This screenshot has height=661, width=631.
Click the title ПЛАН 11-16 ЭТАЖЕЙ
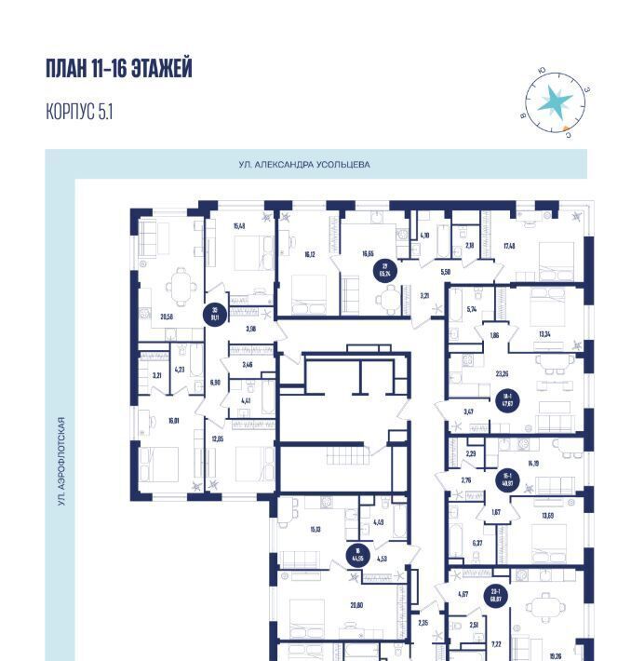[x=118, y=69]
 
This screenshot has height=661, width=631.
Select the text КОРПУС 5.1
[x=79, y=113]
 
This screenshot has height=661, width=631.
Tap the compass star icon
[x=557, y=101]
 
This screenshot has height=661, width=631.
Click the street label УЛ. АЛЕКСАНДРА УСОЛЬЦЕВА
[x=303, y=165]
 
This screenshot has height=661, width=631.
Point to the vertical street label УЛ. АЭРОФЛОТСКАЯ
[x=60, y=461]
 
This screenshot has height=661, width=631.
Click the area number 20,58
[x=168, y=317]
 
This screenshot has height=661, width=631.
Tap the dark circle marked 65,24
[x=383, y=271]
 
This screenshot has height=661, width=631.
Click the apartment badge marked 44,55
[x=356, y=556]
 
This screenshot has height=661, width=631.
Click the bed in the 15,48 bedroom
[x=247, y=252]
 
